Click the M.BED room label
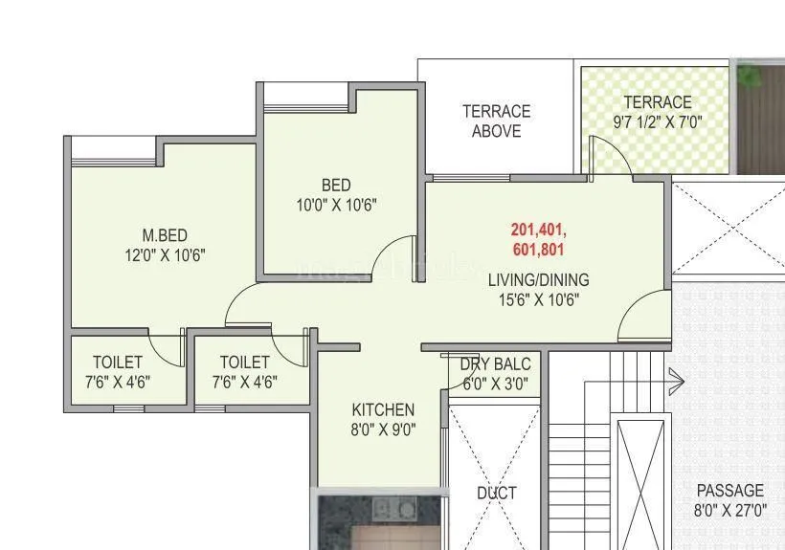(x=164, y=234)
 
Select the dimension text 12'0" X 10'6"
(x=164, y=254)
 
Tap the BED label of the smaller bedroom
(x=336, y=185)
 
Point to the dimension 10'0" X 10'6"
(x=336, y=204)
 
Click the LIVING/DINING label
(x=538, y=279)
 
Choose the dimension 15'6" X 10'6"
(x=538, y=298)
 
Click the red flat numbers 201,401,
(x=538, y=230)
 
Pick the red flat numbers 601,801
(x=538, y=250)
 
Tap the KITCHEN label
(x=382, y=409)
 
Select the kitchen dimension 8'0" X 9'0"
(x=382, y=429)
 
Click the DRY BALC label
(x=495, y=363)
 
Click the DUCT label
(x=496, y=494)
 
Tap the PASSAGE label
(x=729, y=490)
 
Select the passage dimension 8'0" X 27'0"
(x=729, y=510)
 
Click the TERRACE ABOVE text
(x=496, y=121)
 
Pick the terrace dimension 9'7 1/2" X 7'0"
(x=657, y=121)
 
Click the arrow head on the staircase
(x=678, y=382)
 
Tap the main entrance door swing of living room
(x=641, y=318)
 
